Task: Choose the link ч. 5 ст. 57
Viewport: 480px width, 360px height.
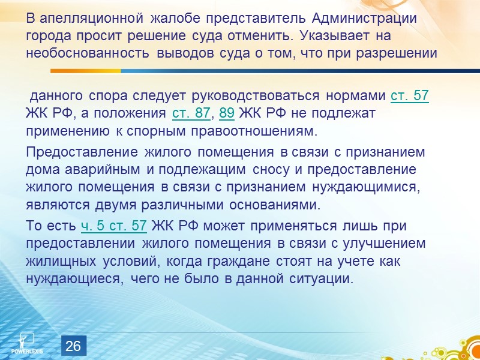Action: pos(114,226)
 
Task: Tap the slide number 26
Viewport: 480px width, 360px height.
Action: pos(73,346)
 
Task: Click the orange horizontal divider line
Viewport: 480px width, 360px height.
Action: pos(240,71)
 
